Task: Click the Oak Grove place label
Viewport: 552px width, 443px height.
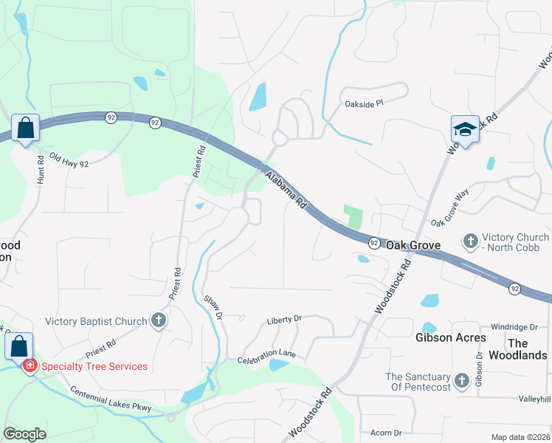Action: pos(413,245)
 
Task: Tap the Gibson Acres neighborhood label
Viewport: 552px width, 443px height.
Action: pos(450,337)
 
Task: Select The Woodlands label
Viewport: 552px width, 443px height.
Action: pos(528,349)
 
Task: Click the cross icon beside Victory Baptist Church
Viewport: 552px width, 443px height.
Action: pos(158,320)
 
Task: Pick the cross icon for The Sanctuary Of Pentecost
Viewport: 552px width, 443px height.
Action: pos(461,381)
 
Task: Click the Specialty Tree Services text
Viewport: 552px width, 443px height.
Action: pos(94,366)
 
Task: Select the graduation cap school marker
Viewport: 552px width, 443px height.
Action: pos(465,129)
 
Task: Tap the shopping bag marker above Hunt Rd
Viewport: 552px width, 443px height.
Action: pos(26,128)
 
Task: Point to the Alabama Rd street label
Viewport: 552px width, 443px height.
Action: pos(286,189)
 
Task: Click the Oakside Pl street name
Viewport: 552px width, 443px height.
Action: pos(365,104)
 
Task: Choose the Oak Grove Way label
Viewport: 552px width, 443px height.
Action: pos(450,207)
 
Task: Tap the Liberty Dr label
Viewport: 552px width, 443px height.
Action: pos(285,319)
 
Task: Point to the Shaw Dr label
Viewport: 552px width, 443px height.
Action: pos(213,306)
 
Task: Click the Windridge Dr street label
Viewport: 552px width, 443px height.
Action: pos(514,326)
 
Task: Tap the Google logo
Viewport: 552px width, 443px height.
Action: pos(24,434)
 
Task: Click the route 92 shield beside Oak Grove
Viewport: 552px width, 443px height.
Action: pos(374,243)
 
